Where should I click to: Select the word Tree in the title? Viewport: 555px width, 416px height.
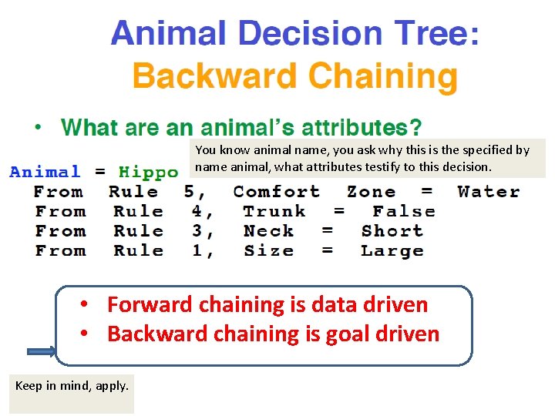click(427, 35)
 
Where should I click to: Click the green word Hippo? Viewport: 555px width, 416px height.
click(148, 173)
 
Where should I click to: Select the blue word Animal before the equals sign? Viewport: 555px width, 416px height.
click(45, 173)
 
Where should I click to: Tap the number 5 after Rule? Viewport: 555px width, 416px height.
click(190, 192)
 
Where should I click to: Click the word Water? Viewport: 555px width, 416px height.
click(488, 192)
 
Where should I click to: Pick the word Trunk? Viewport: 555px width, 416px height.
click(274, 211)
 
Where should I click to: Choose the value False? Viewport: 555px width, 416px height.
click(403, 211)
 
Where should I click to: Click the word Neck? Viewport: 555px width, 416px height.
click(268, 231)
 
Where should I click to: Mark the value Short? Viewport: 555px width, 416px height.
click(392, 231)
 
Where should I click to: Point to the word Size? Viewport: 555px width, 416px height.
click(268, 250)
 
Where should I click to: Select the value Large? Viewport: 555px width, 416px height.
click(392, 250)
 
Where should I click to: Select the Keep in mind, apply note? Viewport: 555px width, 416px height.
click(72, 386)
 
